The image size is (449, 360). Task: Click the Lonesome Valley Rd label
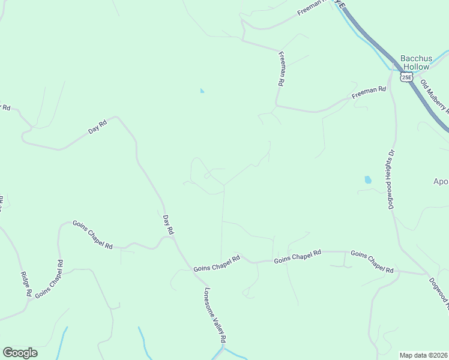tap(214, 316)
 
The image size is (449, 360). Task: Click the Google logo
tap(20, 353)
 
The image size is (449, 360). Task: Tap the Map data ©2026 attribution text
tap(423, 355)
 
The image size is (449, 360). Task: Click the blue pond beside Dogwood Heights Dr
tap(367, 179)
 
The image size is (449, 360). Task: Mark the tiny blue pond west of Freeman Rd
tap(202, 91)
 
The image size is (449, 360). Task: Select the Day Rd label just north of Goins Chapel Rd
tap(169, 223)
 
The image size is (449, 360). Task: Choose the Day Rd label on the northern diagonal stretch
tap(97, 127)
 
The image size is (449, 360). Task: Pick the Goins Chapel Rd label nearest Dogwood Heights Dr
tap(372, 262)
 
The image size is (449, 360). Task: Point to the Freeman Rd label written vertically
tap(280, 69)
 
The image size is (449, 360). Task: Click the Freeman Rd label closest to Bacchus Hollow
tap(369, 92)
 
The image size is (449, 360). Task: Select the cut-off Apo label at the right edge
tap(441, 181)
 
